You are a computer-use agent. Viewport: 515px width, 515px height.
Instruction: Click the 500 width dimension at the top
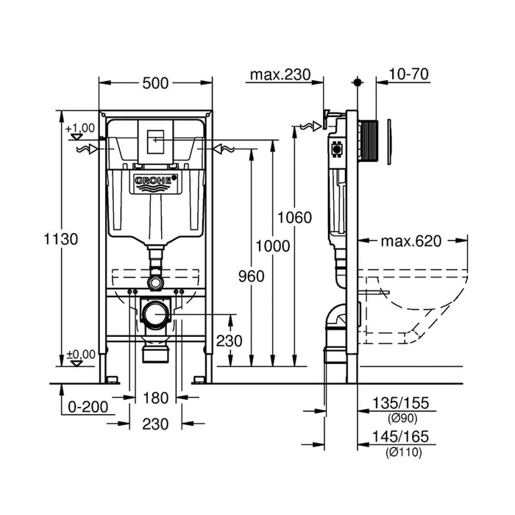click(156, 84)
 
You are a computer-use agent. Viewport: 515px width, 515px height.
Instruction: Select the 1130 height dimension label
click(61, 238)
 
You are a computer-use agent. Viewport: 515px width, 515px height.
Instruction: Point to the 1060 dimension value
click(294, 217)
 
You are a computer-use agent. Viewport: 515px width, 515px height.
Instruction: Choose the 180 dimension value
click(156, 398)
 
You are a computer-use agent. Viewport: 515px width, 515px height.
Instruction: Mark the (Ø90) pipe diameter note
click(402, 418)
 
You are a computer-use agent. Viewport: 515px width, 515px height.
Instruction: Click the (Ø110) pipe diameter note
click(402, 452)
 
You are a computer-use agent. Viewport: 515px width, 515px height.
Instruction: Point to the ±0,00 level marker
click(81, 354)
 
